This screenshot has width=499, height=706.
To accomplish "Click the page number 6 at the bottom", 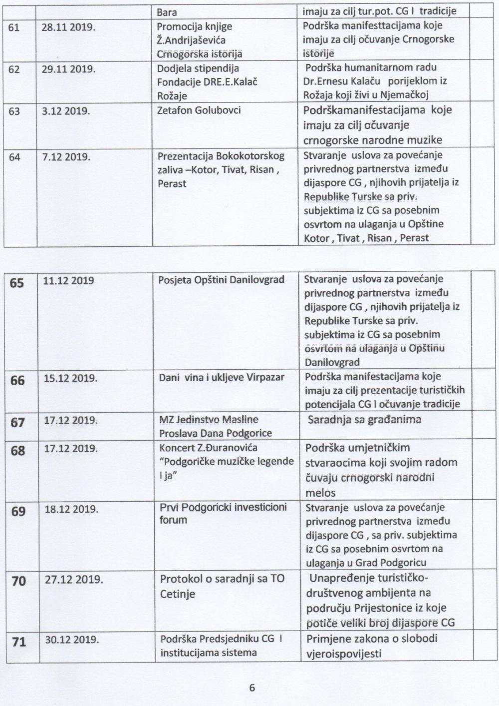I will (x=251, y=688).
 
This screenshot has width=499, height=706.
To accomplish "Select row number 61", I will (x=14, y=27).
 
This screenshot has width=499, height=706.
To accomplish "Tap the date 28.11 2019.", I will (x=68, y=27).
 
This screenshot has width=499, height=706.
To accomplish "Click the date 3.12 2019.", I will (x=66, y=110).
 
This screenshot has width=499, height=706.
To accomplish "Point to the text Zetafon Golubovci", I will (x=199, y=110).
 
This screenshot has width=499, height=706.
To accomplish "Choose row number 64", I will (x=14, y=157).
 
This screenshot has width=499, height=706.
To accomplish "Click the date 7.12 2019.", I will (x=66, y=157).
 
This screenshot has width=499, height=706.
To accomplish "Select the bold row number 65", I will (x=16, y=283).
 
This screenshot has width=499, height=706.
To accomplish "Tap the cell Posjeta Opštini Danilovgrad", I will (x=221, y=280).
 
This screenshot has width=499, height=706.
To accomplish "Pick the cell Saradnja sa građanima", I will (x=364, y=420).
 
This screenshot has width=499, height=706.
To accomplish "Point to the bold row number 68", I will (x=17, y=451).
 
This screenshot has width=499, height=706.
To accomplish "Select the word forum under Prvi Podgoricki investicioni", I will (x=173, y=520).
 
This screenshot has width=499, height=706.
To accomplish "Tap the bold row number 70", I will (x=18, y=581).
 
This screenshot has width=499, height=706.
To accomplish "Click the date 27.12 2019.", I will (x=74, y=580).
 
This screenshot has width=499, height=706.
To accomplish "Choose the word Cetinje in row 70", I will (x=177, y=594).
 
